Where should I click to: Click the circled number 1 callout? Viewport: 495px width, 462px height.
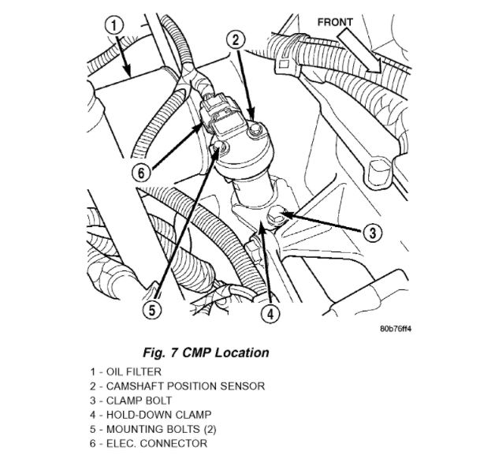pyautogui.click(x=115, y=27)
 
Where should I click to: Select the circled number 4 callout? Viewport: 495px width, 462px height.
pyautogui.click(x=270, y=313)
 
